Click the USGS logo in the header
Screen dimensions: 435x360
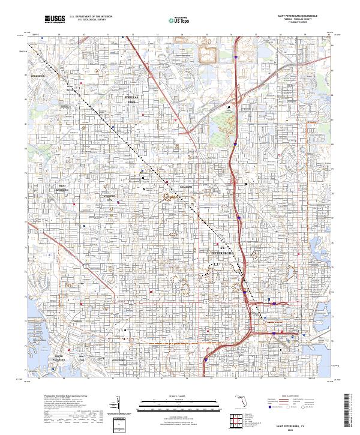point(55,19)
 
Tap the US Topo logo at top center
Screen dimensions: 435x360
point(175,20)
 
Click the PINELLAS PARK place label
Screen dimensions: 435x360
point(131,100)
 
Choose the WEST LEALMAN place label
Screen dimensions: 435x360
point(62,188)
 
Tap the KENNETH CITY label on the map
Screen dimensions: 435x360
point(109,199)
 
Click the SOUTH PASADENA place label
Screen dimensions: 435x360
point(58,358)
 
